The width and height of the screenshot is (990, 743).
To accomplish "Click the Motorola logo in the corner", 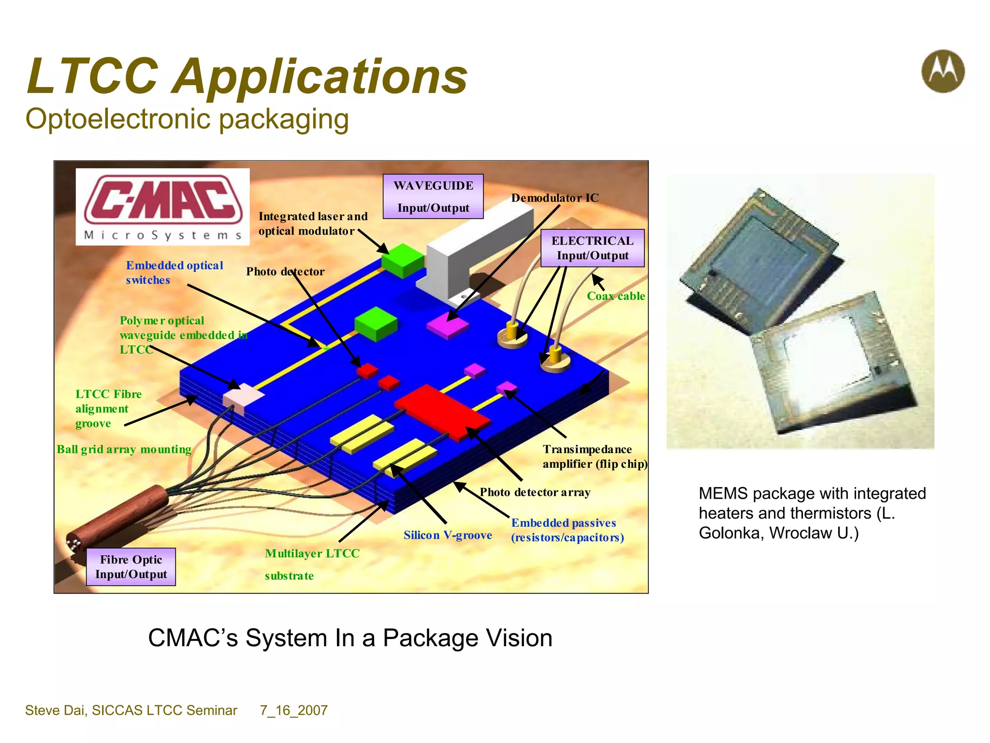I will [943, 71].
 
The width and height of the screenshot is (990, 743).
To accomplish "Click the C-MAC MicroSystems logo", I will [163, 207].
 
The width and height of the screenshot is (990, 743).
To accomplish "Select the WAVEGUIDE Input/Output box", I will [433, 196].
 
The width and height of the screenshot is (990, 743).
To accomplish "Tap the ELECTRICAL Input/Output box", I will [592, 248].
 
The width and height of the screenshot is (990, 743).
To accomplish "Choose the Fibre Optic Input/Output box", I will [131, 567].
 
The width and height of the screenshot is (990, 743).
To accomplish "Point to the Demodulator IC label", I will [554, 198].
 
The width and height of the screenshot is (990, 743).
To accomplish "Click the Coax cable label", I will [616, 296].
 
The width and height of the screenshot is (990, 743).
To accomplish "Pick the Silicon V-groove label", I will [448, 535].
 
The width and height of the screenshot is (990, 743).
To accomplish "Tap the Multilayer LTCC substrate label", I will [312, 564].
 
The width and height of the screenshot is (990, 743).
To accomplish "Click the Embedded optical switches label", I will [174, 272].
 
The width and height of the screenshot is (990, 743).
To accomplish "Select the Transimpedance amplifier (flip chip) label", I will [595, 457].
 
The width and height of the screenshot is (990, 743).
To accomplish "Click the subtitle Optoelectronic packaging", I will [187, 119].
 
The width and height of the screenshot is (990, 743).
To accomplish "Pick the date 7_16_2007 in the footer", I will [293, 710].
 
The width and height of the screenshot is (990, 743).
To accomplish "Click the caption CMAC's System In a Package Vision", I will [350, 638].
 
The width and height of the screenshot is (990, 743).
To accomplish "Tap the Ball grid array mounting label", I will [124, 449].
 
